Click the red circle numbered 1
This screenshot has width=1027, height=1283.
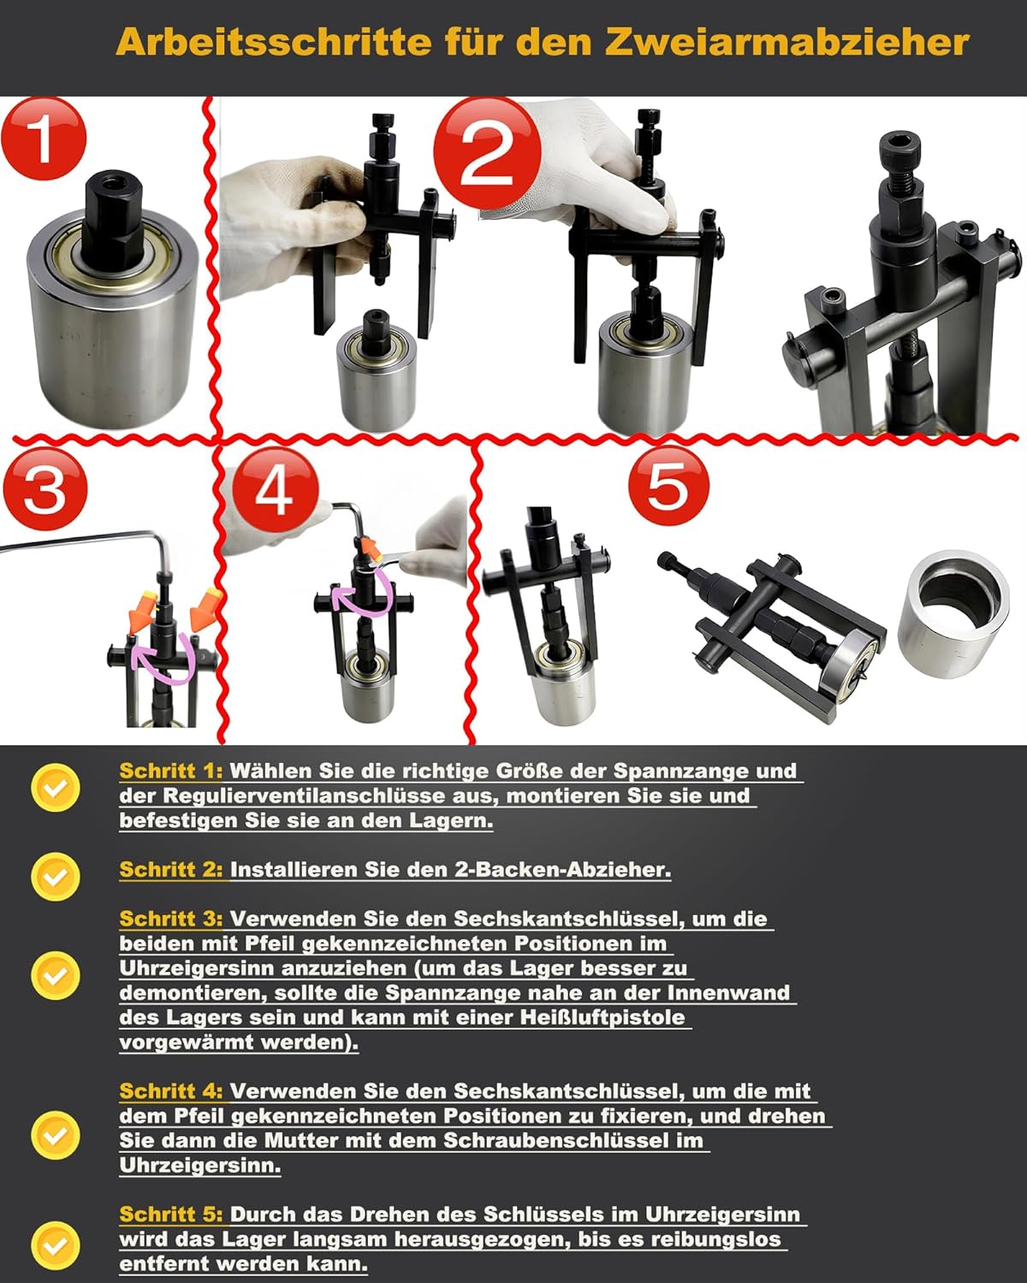click(44, 139)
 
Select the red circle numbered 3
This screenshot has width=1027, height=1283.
click(45, 489)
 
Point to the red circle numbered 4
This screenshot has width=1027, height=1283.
click(275, 490)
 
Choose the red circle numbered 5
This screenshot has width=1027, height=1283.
click(669, 485)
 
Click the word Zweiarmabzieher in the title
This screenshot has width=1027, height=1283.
click(787, 42)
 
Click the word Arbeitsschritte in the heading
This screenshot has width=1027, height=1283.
click(273, 42)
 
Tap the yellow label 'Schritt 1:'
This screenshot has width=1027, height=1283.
click(170, 771)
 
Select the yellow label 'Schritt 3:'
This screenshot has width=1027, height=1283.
click(170, 919)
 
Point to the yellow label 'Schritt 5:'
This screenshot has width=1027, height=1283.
click(170, 1215)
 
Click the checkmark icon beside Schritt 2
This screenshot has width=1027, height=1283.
click(55, 877)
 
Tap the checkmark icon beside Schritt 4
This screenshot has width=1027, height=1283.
click(55, 1134)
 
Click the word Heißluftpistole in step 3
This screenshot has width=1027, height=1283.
click(603, 1018)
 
